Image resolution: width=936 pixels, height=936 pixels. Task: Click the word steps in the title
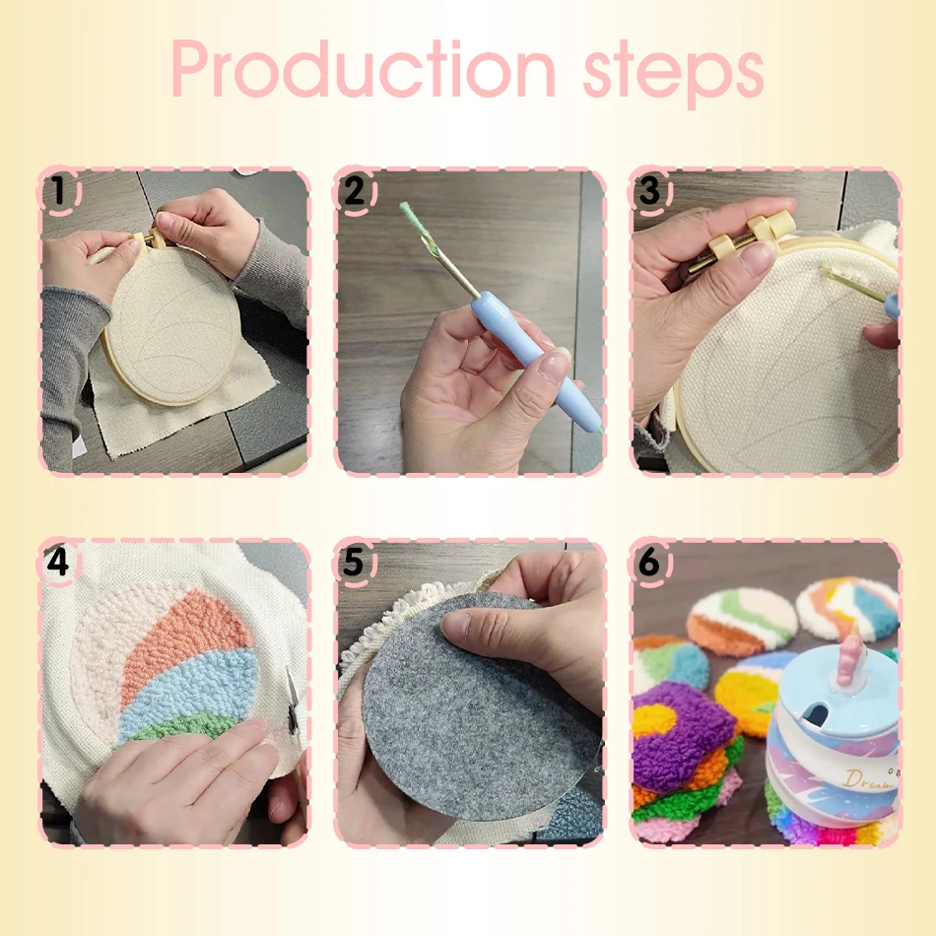point(673,75)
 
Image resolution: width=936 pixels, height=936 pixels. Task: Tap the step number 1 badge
point(58,190)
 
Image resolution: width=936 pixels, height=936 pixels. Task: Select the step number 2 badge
point(354,190)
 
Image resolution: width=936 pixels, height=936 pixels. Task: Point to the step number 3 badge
point(649,190)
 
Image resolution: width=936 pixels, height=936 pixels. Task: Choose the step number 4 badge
point(58,562)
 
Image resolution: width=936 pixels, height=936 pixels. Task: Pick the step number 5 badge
point(354,562)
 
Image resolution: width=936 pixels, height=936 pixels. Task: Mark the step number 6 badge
point(649,562)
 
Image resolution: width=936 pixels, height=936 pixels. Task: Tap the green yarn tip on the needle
point(411,218)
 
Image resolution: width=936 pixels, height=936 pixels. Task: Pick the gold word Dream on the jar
point(867,779)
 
